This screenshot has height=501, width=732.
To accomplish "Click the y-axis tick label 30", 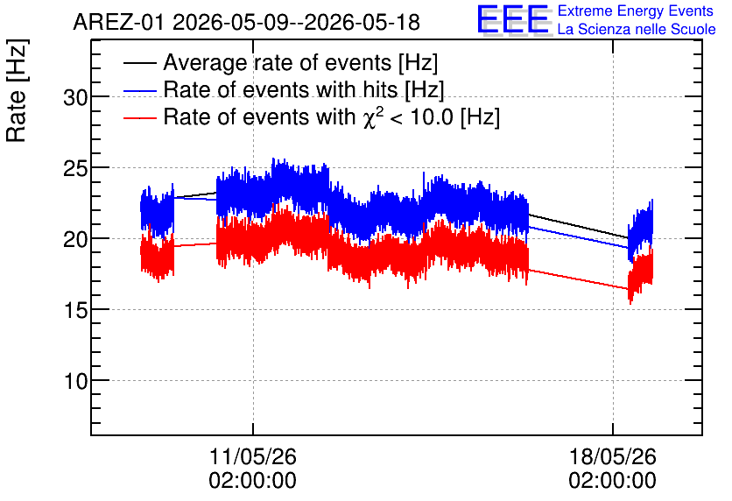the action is (75, 98).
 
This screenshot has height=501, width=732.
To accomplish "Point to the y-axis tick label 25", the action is (75, 169).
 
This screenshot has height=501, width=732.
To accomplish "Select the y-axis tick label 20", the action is (75, 240).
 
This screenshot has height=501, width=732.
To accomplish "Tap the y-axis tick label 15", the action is (75, 311).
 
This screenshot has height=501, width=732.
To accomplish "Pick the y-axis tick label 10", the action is (75, 382).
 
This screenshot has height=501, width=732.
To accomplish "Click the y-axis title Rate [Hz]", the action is (17, 90).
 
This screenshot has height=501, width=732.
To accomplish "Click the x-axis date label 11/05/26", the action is (252, 456).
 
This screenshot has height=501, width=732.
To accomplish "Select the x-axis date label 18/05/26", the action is (613, 456).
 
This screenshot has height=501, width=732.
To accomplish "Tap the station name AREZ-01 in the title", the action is (119, 23).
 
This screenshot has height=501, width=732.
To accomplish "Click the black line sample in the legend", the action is (139, 63).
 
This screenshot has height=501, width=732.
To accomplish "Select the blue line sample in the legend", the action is (139, 90).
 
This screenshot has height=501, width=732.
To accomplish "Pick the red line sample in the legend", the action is (139, 117).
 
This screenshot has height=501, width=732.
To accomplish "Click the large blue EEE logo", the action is (513, 19).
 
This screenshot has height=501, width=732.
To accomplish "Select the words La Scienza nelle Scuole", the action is (637, 30).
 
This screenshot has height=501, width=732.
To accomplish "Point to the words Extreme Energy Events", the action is (636, 11).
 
